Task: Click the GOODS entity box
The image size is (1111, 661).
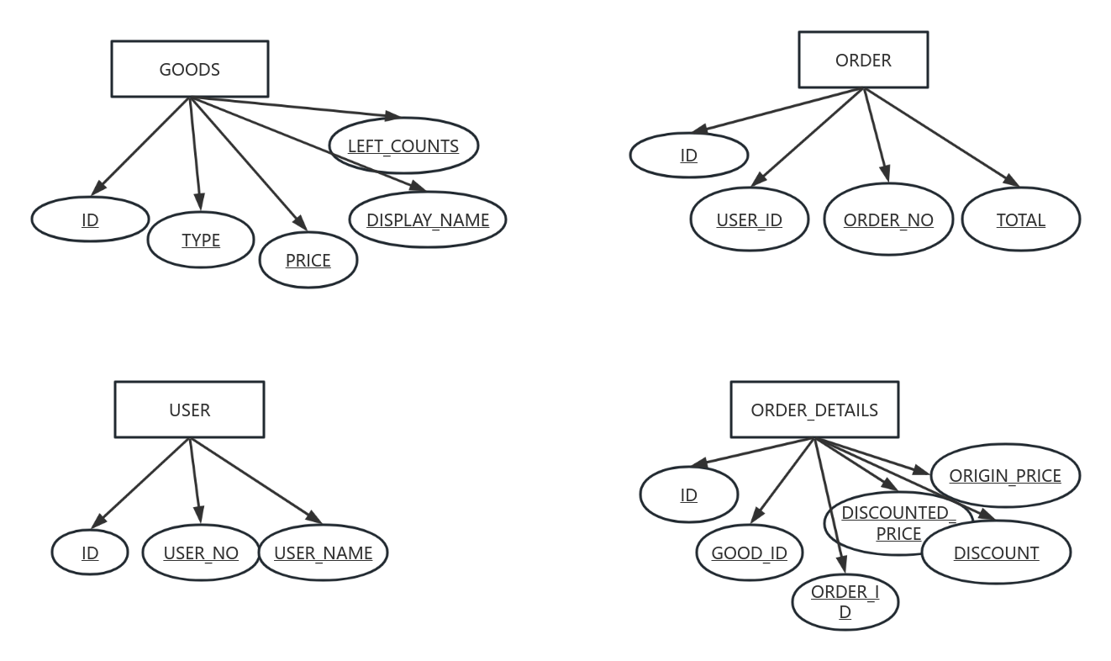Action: coord(190,69)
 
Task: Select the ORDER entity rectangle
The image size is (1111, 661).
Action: coord(863,60)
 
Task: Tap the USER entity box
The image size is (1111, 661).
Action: coord(189,410)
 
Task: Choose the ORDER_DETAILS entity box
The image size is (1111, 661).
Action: coord(814,410)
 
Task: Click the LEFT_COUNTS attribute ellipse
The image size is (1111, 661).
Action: coord(403,145)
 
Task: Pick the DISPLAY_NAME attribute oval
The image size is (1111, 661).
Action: coord(428,219)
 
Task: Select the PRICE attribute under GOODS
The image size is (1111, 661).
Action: coord(308,260)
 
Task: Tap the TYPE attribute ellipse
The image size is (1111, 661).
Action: coord(201,240)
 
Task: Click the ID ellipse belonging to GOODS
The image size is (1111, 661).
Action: coord(90,219)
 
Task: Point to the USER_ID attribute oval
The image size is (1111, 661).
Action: coord(749,219)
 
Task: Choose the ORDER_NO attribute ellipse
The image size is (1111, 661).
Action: coord(888,219)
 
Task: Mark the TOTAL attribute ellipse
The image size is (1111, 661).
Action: coord(1020,219)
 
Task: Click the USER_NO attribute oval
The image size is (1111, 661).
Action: coord(201,553)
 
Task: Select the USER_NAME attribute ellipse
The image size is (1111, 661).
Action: coord(323,553)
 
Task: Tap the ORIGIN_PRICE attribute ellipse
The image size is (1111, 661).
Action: coord(1005,475)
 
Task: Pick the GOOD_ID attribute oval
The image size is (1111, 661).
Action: coord(749,553)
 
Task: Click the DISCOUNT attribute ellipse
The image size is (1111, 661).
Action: coord(996,553)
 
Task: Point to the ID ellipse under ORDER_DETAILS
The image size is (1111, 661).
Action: coord(689,494)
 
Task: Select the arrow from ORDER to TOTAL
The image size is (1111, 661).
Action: coord(941,136)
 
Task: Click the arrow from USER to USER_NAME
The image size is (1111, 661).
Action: coord(255,480)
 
